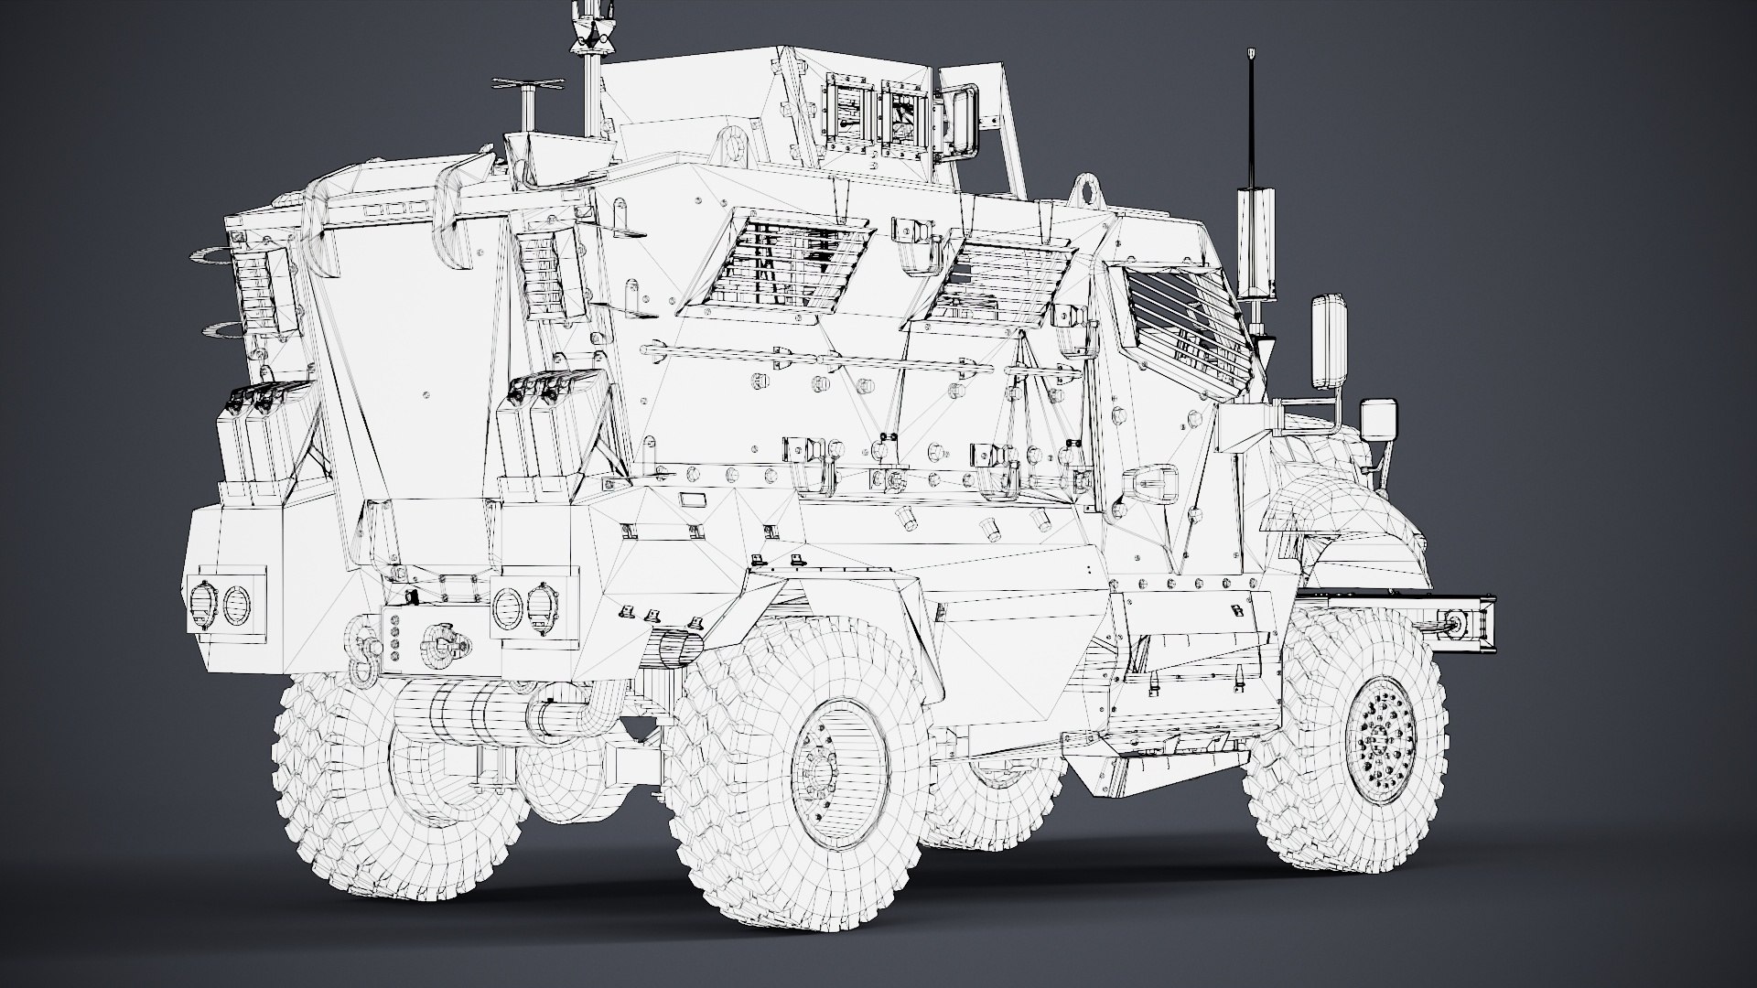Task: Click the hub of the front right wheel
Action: point(1387,738)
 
